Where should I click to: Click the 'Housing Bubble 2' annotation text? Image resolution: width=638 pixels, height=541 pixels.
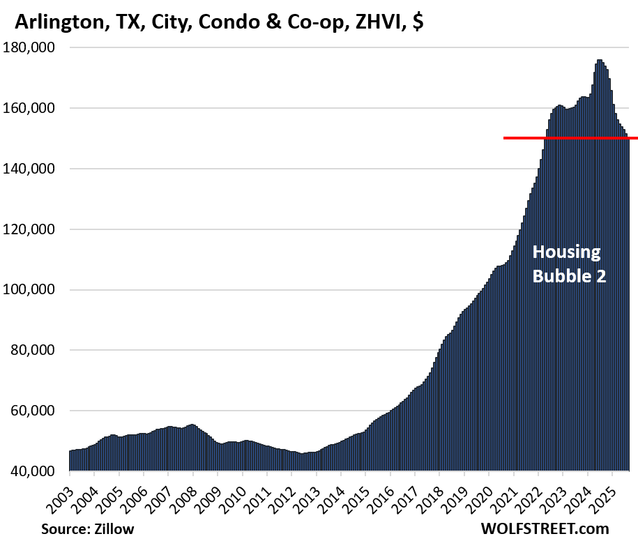click(569, 264)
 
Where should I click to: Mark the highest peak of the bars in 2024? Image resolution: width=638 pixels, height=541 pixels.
click(599, 60)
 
